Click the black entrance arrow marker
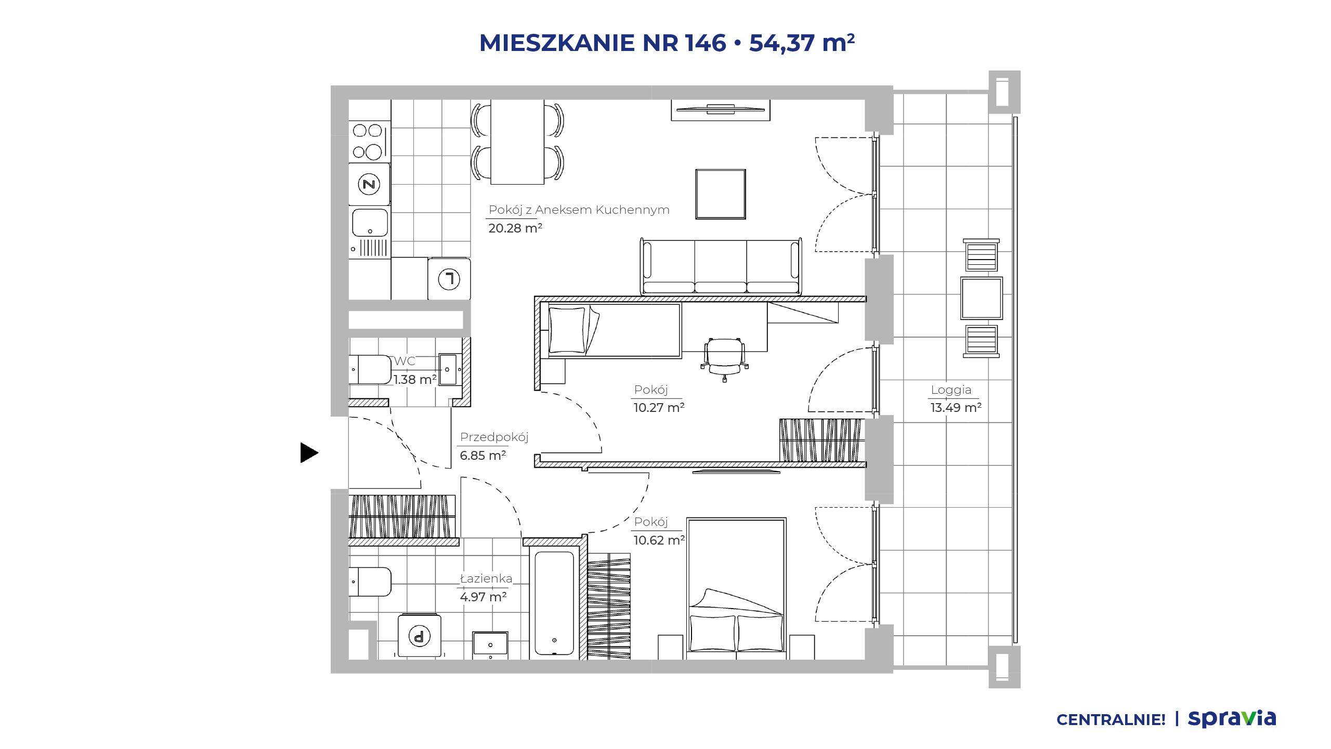click(309, 453)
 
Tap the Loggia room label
click(951, 390)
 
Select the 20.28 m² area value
click(515, 228)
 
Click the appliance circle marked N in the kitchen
click(369, 184)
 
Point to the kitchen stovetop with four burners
click(369, 140)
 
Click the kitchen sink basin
click(370, 223)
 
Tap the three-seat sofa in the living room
click(721, 266)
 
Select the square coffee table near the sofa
click(721, 193)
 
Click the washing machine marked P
click(419, 635)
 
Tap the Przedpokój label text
click(494, 437)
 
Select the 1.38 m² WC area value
click(414, 380)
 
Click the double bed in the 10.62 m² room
click(736, 588)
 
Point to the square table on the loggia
click(981, 298)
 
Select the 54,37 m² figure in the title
click(802, 43)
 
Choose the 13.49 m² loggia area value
click(956, 407)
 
